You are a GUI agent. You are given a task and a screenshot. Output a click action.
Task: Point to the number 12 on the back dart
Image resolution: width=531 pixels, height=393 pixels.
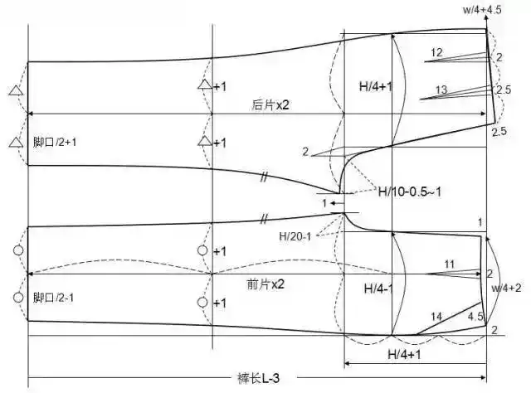pos(436,53)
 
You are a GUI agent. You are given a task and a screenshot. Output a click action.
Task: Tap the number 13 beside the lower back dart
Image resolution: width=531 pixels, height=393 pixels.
pos(441,90)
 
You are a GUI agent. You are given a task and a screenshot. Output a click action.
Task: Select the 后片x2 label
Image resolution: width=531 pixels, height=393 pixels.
pos(270,105)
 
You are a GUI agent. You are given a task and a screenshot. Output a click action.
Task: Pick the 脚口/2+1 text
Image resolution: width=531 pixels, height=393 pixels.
pos(55,143)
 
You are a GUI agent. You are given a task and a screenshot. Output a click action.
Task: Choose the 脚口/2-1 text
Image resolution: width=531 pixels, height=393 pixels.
pos(55,297)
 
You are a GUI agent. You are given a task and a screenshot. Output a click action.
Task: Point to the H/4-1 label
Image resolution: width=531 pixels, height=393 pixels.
pos(380,289)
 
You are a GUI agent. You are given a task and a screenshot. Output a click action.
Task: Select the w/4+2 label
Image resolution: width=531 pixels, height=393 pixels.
pos(505,288)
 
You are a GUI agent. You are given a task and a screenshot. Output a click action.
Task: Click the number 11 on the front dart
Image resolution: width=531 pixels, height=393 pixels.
pos(449,264)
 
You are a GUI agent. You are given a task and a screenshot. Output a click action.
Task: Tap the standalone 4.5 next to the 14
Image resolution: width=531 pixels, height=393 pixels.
pos(475,316)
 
